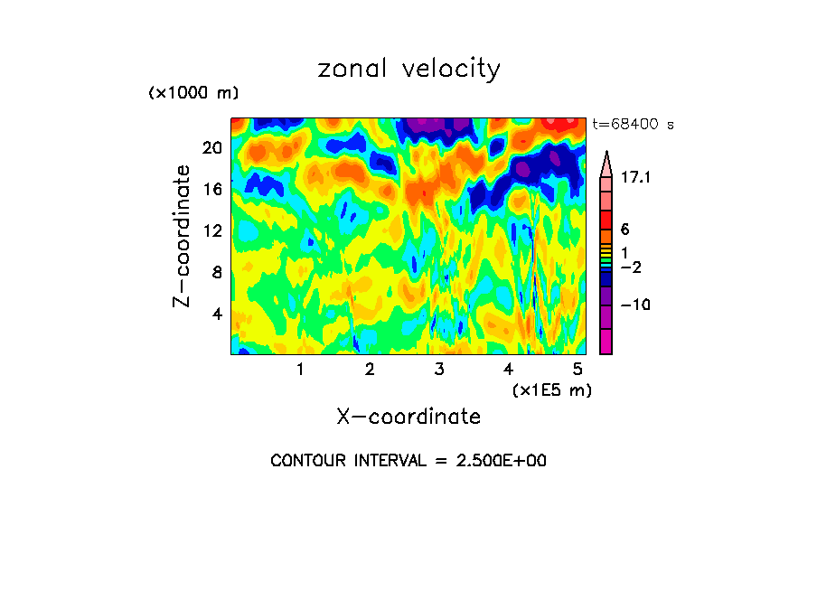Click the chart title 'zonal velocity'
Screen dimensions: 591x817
(408, 69)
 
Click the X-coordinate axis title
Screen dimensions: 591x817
(408, 417)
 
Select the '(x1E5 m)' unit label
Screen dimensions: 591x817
(551, 389)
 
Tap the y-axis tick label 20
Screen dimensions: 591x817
(211, 147)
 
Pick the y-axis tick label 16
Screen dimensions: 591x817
(211, 189)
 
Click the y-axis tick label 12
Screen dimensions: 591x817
(211, 230)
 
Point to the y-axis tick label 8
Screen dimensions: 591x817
(216, 272)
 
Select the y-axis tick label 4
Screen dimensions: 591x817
(216, 314)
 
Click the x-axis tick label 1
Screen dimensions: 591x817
(300, 369)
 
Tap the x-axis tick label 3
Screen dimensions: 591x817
(439, 369)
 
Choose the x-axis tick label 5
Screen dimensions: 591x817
(578, 369)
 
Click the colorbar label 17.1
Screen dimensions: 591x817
(635, 178)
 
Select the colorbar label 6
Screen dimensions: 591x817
(624, 230)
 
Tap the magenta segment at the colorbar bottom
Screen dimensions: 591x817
(606, 342)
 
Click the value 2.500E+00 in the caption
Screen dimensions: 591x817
(502, 461)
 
